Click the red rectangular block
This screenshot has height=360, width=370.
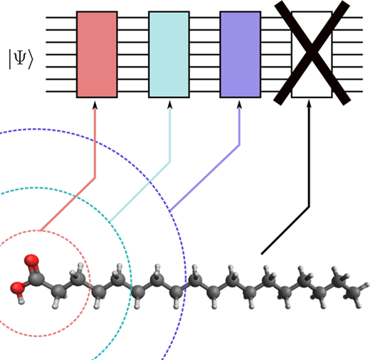(x=97, y=54)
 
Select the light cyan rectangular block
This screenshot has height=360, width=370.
(x=169, y=54)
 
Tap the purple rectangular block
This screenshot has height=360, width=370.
(x=240, y=54)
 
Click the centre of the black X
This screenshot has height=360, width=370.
(x=312, y=52)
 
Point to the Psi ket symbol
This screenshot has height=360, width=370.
(x=21, y=59)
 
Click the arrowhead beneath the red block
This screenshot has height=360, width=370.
(x=95, y=105)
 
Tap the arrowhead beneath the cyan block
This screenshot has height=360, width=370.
(x=169, y=105)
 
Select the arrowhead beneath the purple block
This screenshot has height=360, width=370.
(x=239, y=105)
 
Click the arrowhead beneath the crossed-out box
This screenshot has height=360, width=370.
(x=309, y=104)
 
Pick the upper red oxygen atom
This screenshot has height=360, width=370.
(x=31, y=260)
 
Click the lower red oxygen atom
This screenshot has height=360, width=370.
(x=17, y=287)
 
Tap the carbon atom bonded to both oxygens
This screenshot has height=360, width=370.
(x=36, y=279)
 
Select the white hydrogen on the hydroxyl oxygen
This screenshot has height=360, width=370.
(x=21, y=301)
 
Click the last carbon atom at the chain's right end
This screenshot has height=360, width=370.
(x=354, y=293)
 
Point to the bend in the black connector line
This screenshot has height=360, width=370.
(x=309, y=207)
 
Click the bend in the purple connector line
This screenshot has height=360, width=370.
(x=239, y=144)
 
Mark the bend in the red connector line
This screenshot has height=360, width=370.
(x=95, y=177)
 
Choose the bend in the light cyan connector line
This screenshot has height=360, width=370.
(x=170, y=162)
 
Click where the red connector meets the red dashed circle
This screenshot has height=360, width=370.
(x=41, y=231)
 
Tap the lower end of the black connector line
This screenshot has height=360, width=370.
(x=262, y=254)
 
